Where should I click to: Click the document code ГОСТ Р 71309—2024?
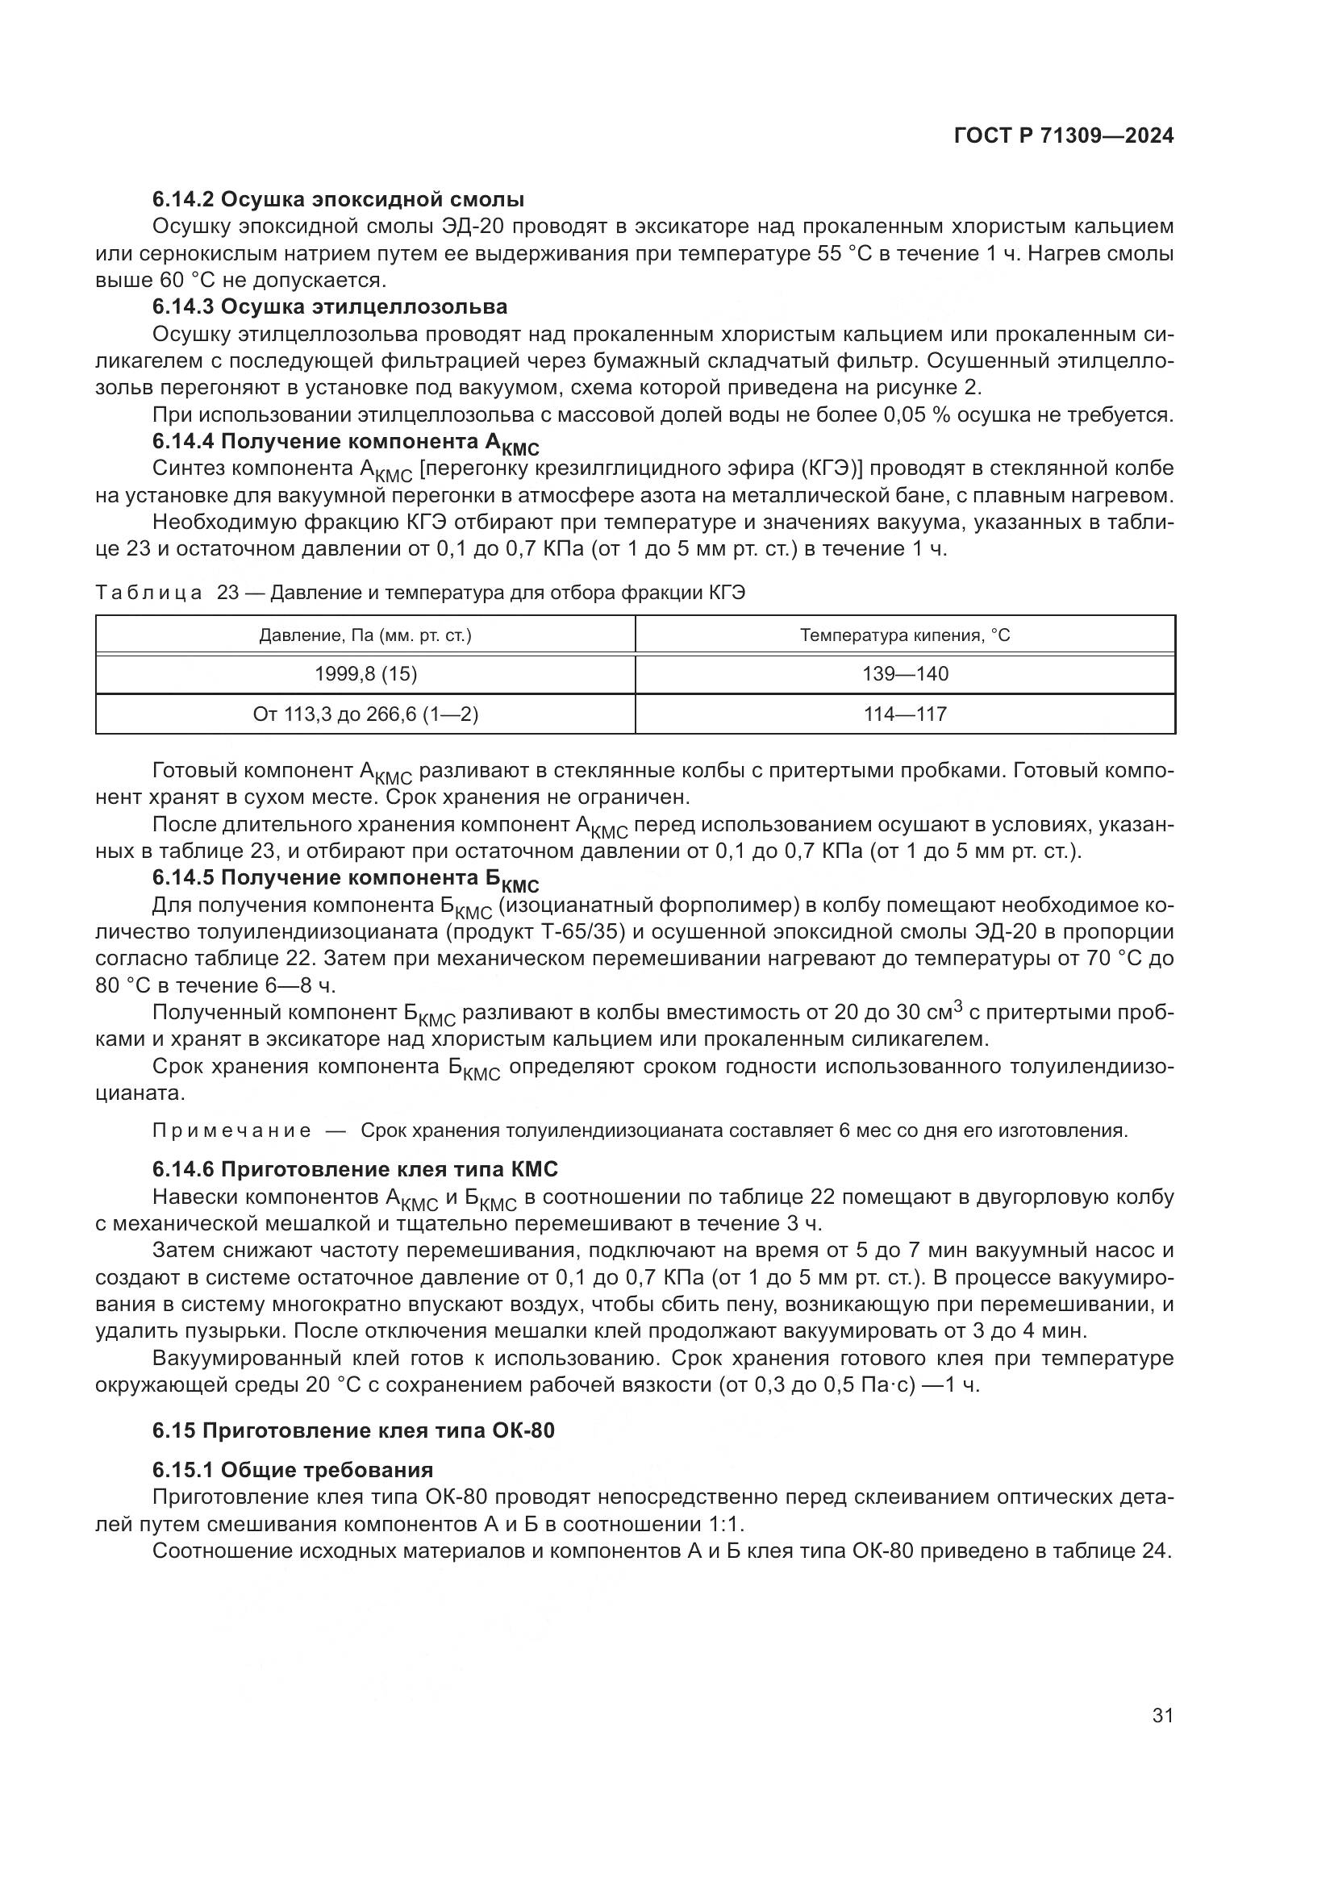(1064, 136)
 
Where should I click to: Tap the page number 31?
(1162, 1715)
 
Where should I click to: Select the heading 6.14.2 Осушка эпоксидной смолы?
(339, 199)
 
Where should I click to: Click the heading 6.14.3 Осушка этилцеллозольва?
(329, 306)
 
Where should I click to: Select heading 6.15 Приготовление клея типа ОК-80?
(353, 1430)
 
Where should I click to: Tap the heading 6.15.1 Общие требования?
(293, 1470)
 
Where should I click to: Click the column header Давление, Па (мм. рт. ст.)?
(365, 635)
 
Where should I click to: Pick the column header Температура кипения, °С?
(905, 635)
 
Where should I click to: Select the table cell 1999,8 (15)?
(365, 674)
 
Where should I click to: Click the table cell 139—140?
(905, 674)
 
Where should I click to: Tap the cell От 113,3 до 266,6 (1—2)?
(365, 714)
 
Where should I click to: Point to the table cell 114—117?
(905, 714)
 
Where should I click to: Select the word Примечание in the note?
(231, 1131)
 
